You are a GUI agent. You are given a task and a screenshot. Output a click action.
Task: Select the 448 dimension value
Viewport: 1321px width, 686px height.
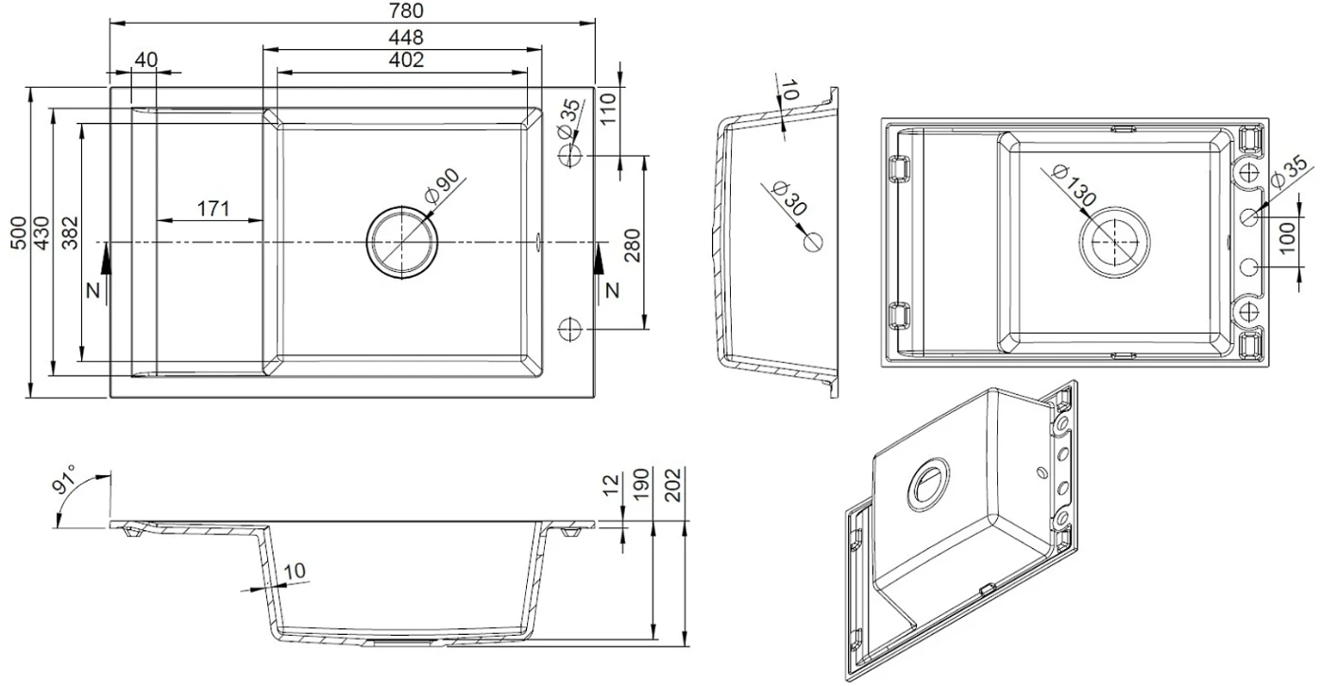coord(405,37)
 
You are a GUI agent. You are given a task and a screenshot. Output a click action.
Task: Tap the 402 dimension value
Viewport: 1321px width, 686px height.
coord(405,60)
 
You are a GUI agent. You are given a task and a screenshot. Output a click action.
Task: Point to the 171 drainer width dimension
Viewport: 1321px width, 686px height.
coord(213,209)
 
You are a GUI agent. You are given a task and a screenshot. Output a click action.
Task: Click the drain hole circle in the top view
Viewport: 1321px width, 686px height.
coord(402,243)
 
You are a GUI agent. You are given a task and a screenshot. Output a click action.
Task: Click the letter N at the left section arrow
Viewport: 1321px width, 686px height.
coord(92,291)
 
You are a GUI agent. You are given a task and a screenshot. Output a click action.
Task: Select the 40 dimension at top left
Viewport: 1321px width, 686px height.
coord(144,60)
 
